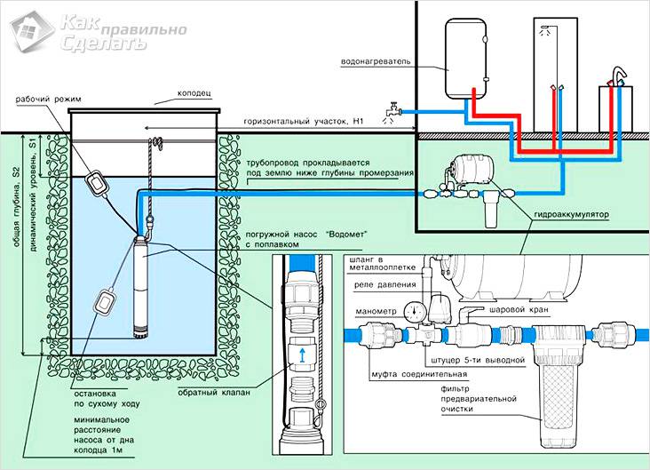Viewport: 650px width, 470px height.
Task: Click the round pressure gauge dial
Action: (x=411, y=312)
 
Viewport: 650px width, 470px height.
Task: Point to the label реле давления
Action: (x=380, y=286)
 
